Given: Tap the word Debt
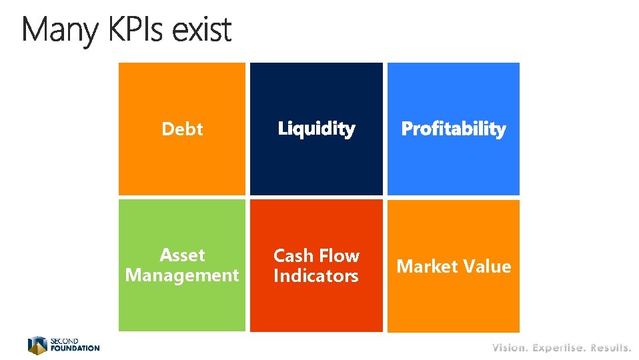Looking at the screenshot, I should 182,129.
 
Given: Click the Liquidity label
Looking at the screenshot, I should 316,129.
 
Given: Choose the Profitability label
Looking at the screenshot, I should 453,129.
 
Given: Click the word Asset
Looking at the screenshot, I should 182,255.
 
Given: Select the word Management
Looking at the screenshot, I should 182,275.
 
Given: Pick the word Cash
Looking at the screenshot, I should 293,256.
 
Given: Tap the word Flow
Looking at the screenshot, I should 338,256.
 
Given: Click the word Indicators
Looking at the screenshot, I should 316,276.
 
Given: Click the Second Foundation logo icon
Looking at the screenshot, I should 37,345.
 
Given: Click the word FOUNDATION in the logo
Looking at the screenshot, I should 75,348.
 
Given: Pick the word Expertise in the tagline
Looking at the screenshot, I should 558,347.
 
